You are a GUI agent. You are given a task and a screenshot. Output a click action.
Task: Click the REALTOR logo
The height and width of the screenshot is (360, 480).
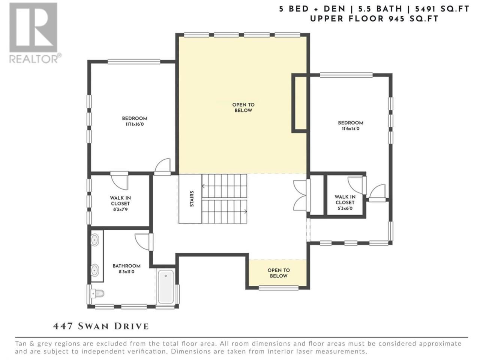(35, 33)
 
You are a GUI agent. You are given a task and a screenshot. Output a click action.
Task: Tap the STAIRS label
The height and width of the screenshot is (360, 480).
(192, 199)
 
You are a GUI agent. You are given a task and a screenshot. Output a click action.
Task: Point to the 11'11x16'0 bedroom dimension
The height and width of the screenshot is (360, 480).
(135, 124)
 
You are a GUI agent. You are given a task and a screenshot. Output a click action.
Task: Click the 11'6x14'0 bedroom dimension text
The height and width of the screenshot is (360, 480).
(351, 129)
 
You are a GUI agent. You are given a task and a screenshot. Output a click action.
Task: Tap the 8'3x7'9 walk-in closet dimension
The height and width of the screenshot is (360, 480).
(120, 209)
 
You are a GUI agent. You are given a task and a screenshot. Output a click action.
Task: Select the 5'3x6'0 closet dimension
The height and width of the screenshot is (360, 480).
(345, 208)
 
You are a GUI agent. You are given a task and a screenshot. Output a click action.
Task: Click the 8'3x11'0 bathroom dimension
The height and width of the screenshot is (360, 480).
(126, 272)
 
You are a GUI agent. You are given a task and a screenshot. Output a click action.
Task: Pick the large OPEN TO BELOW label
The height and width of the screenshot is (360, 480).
(243, 108)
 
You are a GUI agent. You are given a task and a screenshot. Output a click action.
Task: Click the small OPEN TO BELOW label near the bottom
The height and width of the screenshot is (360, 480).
(278, 273)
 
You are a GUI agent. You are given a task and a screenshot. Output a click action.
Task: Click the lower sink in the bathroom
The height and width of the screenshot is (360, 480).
(94, 270)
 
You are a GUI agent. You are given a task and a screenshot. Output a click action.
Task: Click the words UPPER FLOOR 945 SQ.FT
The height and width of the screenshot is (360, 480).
(374, 19)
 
